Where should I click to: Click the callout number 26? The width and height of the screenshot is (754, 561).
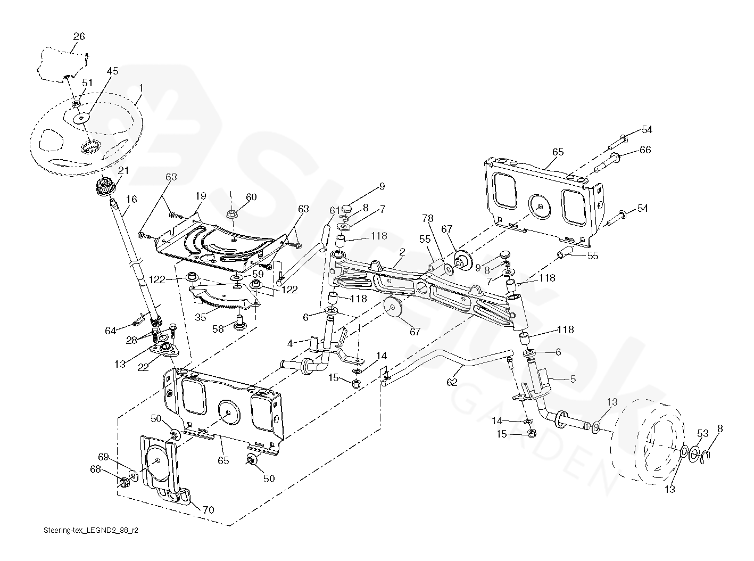click(x=79, y=37)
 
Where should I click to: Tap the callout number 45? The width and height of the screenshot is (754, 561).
click(x=112, y=71)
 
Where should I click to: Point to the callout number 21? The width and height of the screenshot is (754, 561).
click(x=123, y=170)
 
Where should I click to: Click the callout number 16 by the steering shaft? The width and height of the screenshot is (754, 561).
click(x=131, y=199)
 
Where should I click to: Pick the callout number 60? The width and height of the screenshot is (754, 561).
click(x=251, y=197)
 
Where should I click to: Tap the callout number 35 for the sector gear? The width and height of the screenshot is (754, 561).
click(x=200, y=317)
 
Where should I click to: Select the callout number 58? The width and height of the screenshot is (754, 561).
click(x=218, y=329)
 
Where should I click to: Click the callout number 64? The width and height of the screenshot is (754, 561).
click(x=110, y=331)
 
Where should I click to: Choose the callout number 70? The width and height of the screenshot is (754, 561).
click(x=208, y=509)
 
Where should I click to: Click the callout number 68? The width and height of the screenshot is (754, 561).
click(x=95, y=469)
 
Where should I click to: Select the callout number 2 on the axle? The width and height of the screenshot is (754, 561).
click(x=402, y=252)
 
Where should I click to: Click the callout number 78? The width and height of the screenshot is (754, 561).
click(x=428, y=218)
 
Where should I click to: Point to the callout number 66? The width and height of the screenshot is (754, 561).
click(x=645, y=150)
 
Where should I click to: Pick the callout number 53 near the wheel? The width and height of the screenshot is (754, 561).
click(x=703, y=434)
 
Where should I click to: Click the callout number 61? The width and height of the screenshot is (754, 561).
click(x=334, y=210)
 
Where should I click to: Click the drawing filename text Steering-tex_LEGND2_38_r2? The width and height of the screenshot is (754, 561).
click(x=92, y=531)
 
